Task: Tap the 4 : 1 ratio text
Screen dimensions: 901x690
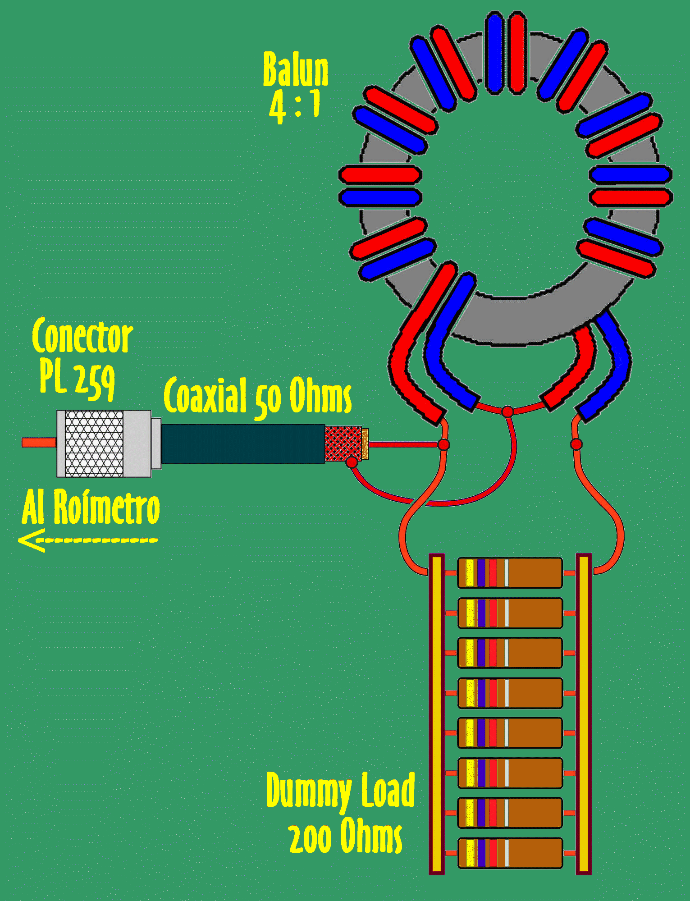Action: click(x=295, y=106)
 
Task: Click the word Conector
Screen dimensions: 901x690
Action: click(x=82, y=337)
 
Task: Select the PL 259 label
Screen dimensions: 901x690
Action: click(x=77, y=380)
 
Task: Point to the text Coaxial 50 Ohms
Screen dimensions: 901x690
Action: click(x=257, y=397)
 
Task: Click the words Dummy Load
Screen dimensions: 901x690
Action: click(x=340, y=791)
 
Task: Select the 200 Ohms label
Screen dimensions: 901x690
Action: click(x=345, y=837)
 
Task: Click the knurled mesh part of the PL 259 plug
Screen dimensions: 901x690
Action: click(x=94, y=444)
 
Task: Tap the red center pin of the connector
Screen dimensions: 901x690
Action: click(x=39, y=443)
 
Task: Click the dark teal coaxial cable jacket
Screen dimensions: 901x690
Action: click(x=243, y=444)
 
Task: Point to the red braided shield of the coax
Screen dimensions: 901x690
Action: click(x=343, y=444)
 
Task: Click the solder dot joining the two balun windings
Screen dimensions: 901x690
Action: click(x=507, y=412)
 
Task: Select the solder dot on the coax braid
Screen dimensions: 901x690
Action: click(x=352, y=462)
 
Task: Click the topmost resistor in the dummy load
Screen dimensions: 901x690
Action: click(x=510, y=573)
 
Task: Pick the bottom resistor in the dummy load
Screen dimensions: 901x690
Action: click(x=510, y=853)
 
